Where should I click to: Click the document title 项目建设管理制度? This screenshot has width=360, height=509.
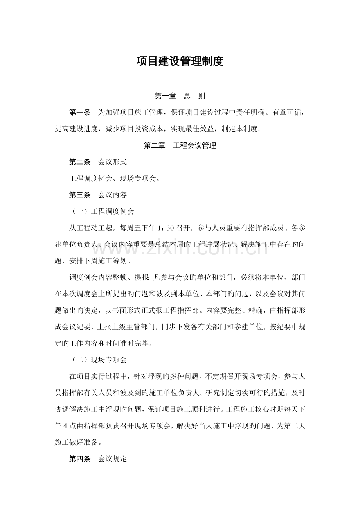[180, 62]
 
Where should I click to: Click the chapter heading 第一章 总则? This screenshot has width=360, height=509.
[180, 96]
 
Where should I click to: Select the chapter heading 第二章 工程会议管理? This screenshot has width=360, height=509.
[180, 146]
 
